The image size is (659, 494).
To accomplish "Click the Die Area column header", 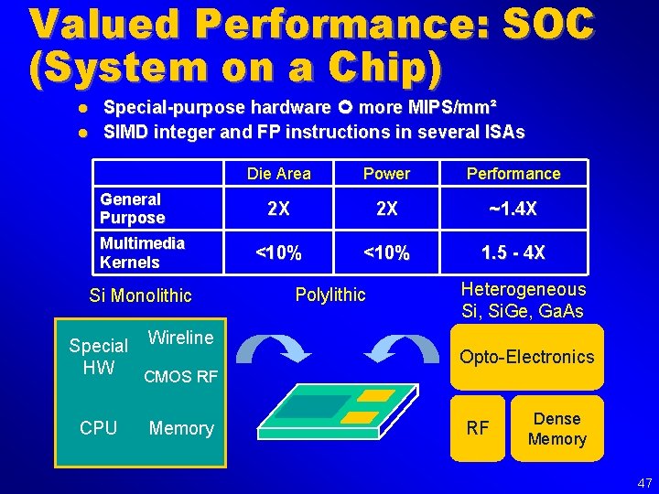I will pyautogui.click(x=278, y=174).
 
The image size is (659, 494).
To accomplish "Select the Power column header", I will pyautogui.click(x=386, y=174).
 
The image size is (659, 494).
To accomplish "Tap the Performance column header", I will pyautogui.click(x=513, y=174).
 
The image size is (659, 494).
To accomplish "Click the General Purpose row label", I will pyautogui.click(x=133, y=209).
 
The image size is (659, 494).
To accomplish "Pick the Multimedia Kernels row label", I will pyautogui.click(x=142, y=252).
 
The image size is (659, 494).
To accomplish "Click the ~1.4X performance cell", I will pyautogui.click(x=513, y=209).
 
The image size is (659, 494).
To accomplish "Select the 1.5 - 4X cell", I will pyautogui.click(x=513, y=253).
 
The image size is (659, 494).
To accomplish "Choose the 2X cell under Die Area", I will pyautogui.click(x=278, y=209).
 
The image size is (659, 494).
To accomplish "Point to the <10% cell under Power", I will pyautogui.click(x=386, y=253).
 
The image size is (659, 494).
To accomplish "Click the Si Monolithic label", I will pyautogui.click(x=140, y=295).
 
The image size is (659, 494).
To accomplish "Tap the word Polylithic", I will pyautogui.click(x=329, y=295).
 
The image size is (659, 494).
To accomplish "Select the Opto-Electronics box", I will pyautogui.click(x=526, y=357).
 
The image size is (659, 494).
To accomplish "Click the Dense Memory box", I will pyautogui.click(x=556, y=429).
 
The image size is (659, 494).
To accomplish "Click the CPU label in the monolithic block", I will pyautogui.click(x=98, y=428).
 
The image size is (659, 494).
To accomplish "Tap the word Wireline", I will pyautogui.click(x=180, y=338).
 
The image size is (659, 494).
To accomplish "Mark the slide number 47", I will pyautogui.click(x=644, y=483).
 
